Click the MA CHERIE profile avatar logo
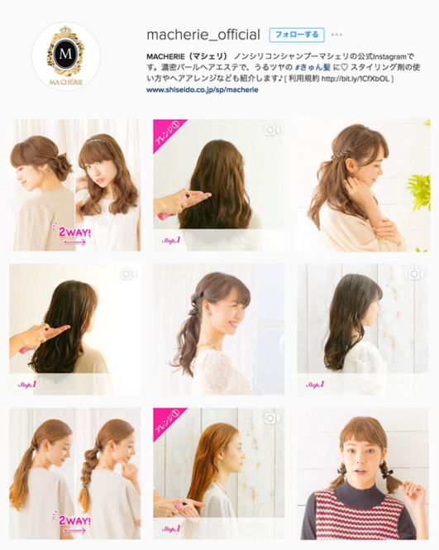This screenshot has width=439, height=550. (x=65, y=57)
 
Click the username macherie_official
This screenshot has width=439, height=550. (x=203, y=34)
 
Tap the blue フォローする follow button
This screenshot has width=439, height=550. (x=296, y=35)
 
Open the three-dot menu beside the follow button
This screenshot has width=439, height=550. (x=336, y=35)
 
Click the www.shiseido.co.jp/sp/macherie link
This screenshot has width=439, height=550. (x=202, y=89)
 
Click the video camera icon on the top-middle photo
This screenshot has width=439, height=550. (x=272, y=130)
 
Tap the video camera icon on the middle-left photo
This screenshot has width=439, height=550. (x=128, y=274)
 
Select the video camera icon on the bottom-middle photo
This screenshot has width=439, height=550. (x=272, y=418)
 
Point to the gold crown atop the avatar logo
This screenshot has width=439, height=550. (x=65, y=32)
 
